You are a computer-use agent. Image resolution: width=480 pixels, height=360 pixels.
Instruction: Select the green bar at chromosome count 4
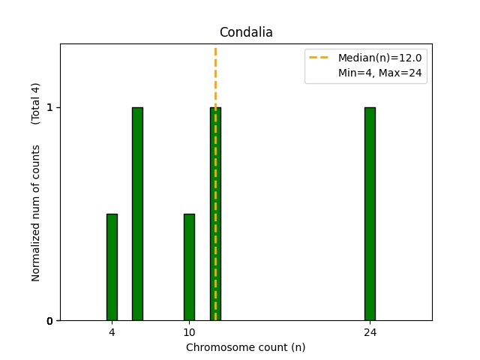pos(112,267)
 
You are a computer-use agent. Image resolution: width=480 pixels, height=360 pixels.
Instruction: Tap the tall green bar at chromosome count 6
pos(137,214)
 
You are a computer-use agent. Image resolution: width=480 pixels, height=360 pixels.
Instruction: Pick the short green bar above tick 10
pos(189,267)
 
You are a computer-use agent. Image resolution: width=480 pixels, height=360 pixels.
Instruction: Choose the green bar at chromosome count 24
pos(370,214)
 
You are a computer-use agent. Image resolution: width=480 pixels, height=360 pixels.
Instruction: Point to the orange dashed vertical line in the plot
pos(215,75)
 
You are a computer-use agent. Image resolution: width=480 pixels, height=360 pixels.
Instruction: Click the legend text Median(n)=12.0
pos(385,58)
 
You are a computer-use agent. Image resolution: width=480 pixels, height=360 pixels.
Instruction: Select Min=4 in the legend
pos(355,73)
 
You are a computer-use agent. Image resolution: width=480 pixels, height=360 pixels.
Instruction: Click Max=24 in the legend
pos(405,73)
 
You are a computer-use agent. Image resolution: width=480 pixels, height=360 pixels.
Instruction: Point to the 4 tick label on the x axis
pos(112,331)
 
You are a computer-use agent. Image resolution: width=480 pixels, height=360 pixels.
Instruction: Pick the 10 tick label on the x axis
pos(189,331)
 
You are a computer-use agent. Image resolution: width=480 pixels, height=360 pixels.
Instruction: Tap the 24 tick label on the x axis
pos(370,331)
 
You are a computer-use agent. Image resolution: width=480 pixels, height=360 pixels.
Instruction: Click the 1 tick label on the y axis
pos(49,107)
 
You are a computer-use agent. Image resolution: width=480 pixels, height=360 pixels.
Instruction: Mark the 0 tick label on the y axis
pos(49,321)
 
